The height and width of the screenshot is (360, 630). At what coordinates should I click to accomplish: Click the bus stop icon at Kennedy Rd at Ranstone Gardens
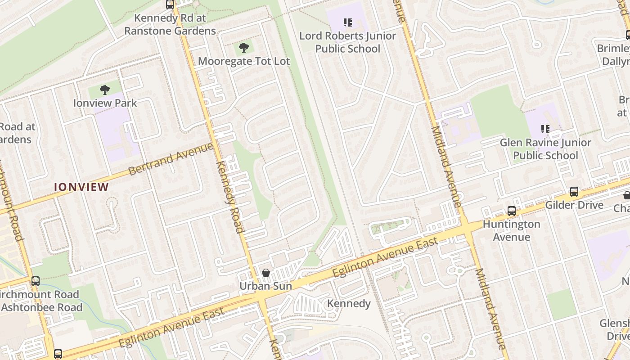pos(170,5)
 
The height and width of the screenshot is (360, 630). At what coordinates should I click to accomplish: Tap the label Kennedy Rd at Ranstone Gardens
pos(170,25)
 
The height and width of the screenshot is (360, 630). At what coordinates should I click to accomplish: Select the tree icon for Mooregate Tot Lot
pos(243,47)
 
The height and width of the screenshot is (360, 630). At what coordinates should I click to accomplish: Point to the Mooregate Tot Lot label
pos(244,61)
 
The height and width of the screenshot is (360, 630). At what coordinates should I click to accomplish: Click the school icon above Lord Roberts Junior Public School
pos(347,22)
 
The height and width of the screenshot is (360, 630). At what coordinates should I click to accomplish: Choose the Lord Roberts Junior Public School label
pos(347,42)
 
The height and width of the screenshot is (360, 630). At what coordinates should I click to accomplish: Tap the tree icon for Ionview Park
pos(105,90)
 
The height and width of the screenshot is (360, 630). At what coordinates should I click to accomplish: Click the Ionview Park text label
pos(105,103)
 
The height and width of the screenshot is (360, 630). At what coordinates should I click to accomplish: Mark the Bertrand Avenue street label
pos(171,159)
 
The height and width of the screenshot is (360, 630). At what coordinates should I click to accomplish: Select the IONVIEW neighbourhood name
pos(81,187)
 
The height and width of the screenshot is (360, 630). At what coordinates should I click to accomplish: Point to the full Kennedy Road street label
pos(230,197)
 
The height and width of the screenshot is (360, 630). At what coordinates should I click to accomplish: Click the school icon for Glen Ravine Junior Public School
pos(545,130)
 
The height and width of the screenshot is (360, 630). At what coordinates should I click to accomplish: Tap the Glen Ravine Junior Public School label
pos(545,149)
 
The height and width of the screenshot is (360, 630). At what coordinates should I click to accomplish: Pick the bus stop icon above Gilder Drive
pos(574,192)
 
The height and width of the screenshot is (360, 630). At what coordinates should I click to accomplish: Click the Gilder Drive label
pos(574,205)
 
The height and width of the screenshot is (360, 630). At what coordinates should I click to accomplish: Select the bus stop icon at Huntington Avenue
pos(511,211)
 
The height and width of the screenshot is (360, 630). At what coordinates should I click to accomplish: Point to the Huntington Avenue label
pos(511,230)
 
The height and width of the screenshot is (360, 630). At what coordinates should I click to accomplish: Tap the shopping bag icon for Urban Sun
pos(265,273)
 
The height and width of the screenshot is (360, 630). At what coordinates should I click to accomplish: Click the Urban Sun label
pos(265,286)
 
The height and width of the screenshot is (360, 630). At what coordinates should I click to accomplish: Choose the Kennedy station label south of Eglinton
pos(349,304)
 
